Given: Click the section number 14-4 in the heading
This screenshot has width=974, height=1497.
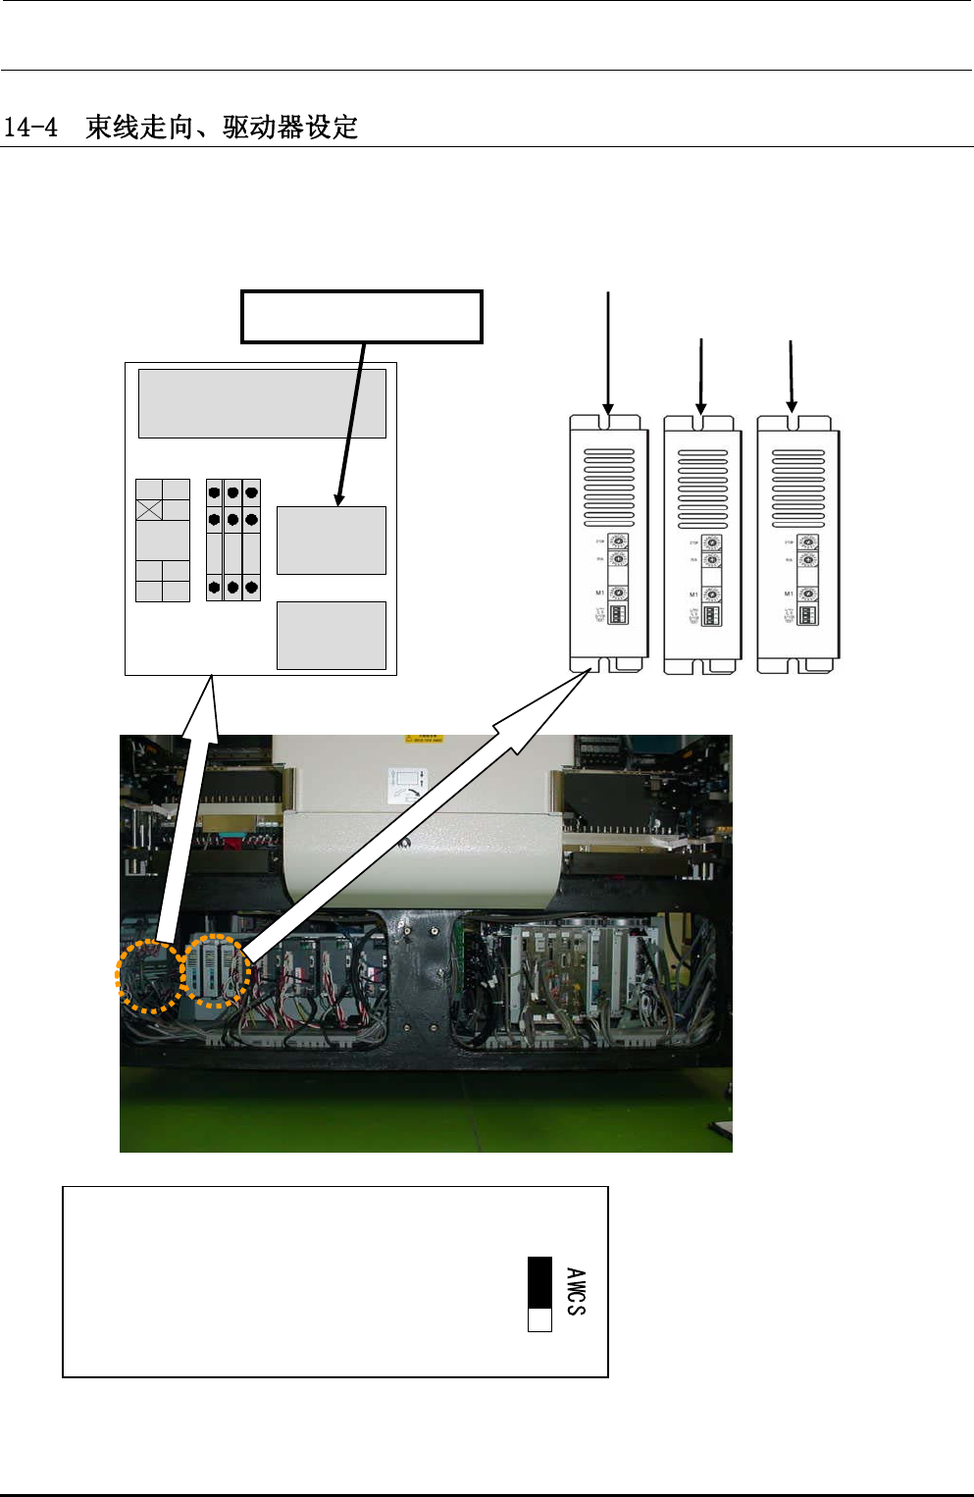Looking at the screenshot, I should pos(30,128).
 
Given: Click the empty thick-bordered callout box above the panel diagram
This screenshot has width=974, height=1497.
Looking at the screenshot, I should pos(362,317).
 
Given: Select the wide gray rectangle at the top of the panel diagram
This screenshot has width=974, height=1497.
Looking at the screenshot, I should pos(262,403).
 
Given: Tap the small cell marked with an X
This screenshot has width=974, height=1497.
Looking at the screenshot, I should pos(148,509).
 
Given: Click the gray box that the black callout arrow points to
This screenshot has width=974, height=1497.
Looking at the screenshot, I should pos(331,541).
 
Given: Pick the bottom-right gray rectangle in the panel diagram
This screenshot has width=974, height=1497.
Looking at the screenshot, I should pos(331,636).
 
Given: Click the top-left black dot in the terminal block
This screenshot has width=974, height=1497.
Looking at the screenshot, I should pos(214,492).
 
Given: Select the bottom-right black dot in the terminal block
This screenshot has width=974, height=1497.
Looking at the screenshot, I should pos(251,588).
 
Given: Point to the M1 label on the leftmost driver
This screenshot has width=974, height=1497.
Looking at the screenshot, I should pos(600,593).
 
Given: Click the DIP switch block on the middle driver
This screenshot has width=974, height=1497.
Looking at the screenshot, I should pos(712,615).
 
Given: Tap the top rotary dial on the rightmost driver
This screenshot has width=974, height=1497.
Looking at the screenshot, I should pos(807,542).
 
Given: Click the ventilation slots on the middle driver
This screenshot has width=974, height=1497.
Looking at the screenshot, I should pos(703,489).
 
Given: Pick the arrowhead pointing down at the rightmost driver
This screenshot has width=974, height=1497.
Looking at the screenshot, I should pos(792,406).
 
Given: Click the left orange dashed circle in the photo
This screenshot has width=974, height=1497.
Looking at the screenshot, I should pos(150,975).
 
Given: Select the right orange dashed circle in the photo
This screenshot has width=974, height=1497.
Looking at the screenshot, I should pos(217,970).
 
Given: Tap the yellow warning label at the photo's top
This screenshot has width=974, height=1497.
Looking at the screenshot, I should pos(425,739).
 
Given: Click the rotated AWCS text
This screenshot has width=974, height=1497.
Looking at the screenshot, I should pos(576,1291).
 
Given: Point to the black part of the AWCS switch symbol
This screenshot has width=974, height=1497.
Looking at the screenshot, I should pos(539,1282).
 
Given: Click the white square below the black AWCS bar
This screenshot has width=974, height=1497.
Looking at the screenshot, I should pos(539,1319).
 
